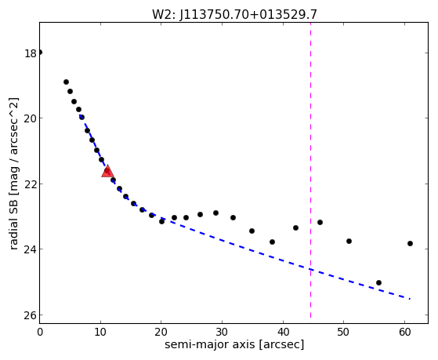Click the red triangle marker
107,171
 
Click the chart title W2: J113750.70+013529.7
234,15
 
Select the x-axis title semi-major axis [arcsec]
234,344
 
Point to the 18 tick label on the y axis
31,53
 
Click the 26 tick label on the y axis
31,315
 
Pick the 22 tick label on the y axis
31,184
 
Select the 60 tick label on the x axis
404,332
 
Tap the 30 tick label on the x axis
222,332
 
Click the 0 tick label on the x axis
40,332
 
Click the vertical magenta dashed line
310,170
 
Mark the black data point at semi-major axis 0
40,53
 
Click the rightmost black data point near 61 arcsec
410,244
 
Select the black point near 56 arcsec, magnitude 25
378,283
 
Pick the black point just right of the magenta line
320,223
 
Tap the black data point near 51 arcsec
349,241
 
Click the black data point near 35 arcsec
252,231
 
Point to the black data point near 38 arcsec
273,242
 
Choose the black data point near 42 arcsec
296,228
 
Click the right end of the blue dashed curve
410,299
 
